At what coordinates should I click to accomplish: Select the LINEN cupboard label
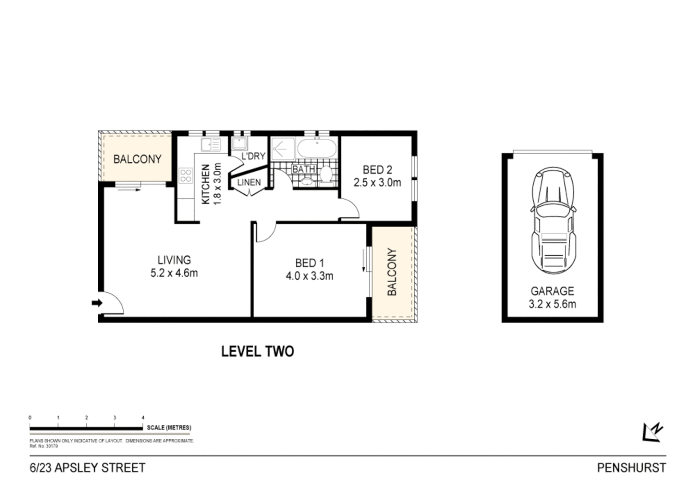249,183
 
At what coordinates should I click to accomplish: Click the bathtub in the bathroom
317,147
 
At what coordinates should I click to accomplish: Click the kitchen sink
210,145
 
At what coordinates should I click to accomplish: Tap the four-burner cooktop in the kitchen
186,175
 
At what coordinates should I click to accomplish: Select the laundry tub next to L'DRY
238,144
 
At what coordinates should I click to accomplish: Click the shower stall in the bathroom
282,148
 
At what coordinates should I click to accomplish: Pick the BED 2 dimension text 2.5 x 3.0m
377,183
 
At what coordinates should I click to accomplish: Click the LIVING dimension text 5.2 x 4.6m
174,273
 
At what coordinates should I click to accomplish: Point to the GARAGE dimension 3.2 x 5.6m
552,304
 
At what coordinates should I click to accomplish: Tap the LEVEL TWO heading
257,351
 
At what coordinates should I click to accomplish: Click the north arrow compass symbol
652,432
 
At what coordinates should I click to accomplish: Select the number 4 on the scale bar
143,418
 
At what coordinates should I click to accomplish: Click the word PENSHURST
631,468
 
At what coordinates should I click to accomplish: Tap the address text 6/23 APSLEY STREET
87,468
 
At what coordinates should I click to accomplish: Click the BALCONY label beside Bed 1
392,272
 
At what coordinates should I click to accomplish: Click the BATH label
304,170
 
